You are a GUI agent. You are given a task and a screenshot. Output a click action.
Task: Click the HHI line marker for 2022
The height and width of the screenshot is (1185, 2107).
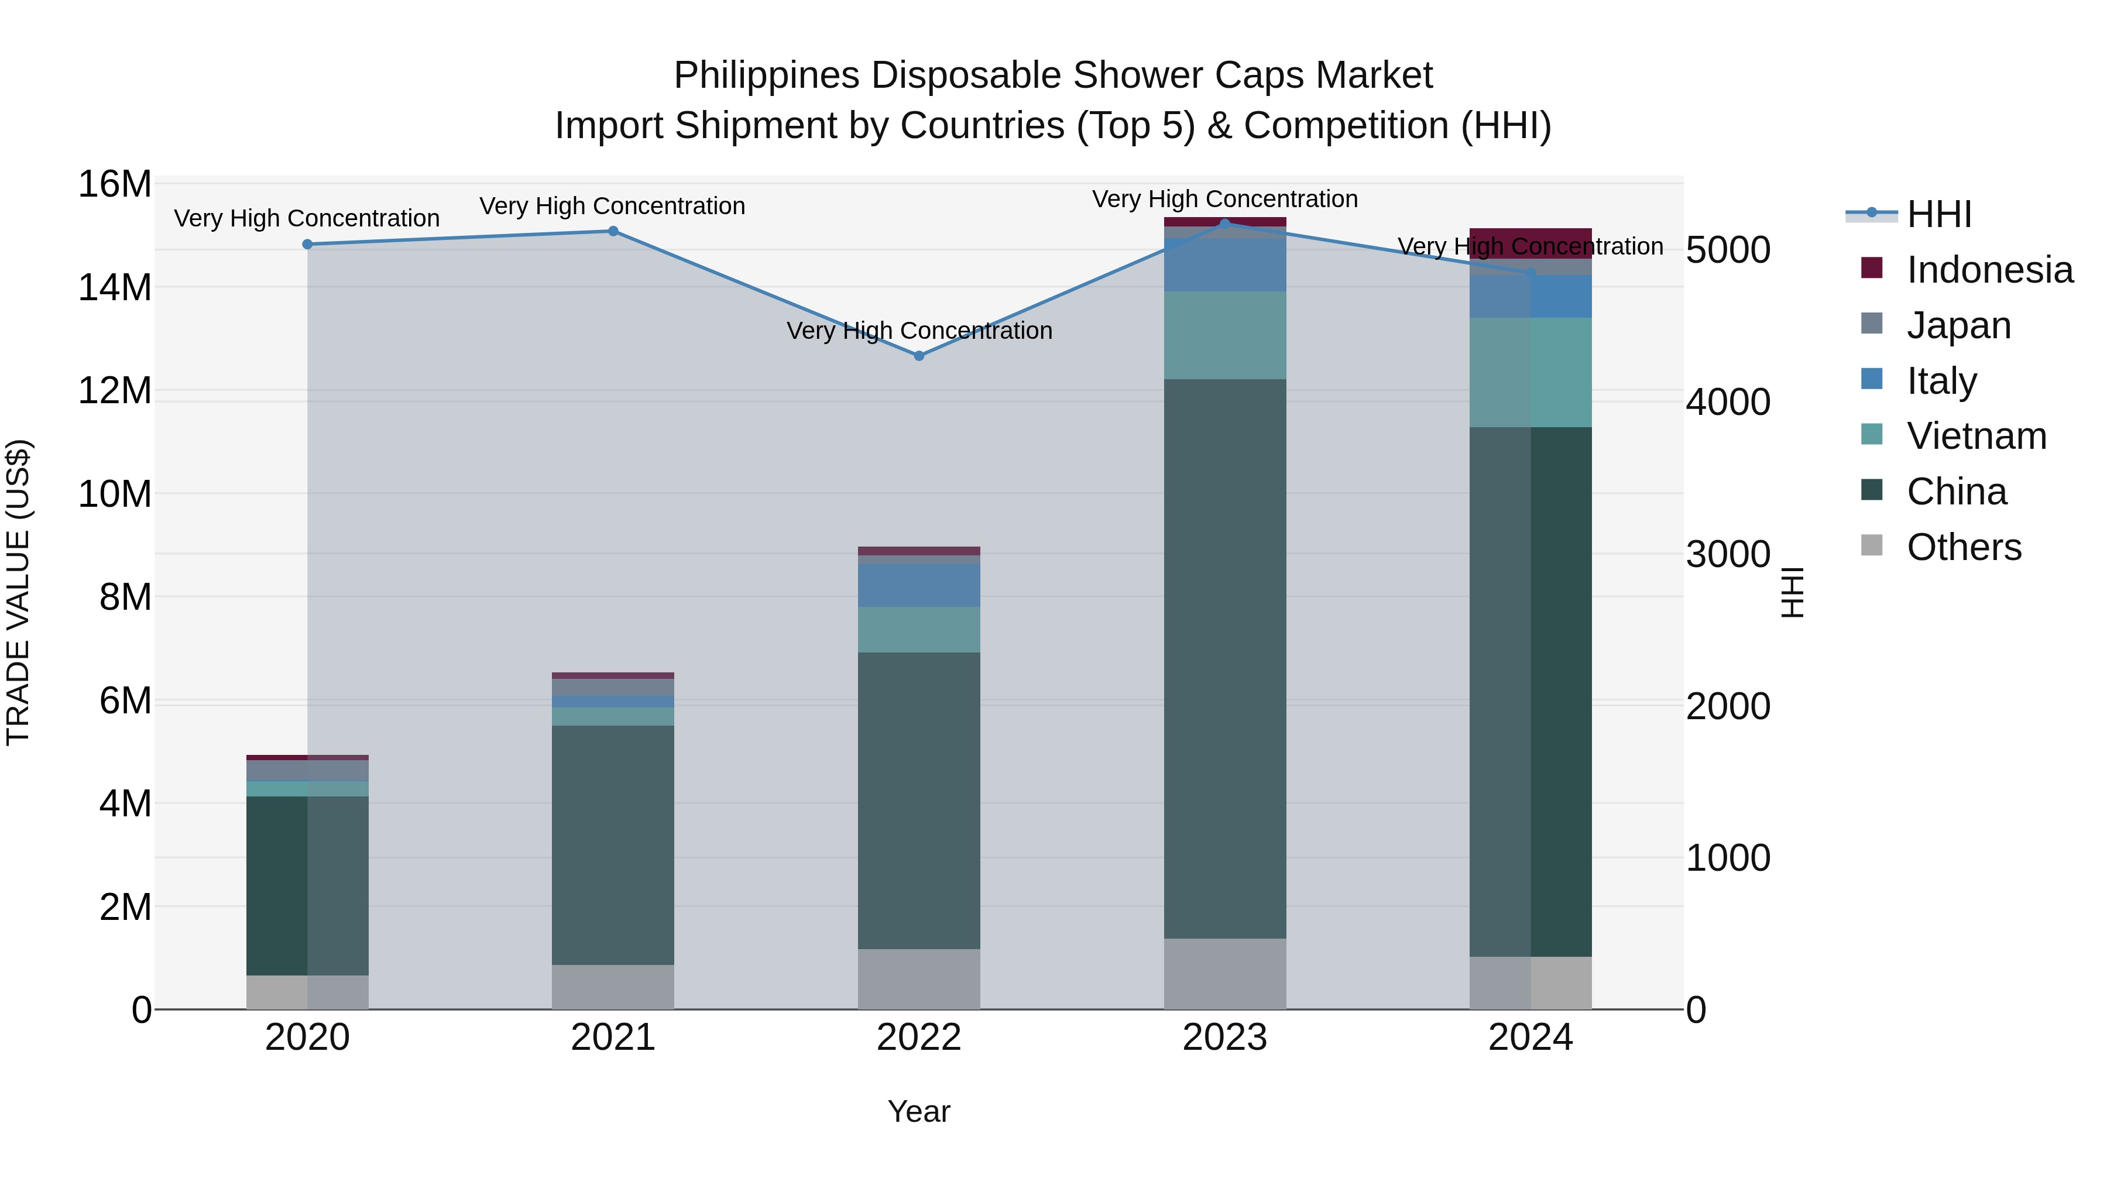pos(918,356)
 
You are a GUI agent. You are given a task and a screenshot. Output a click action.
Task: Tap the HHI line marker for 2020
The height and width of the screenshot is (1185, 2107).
pos(307,245)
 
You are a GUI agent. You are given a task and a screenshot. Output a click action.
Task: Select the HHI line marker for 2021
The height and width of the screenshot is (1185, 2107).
pos(613,231)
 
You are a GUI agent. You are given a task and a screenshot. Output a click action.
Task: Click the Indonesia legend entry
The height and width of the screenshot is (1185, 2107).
pos(1989,270)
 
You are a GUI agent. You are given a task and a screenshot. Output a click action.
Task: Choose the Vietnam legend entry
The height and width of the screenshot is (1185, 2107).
pos(1976,436)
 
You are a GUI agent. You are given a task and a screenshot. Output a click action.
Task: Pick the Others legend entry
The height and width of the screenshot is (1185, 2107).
pos(1963,547)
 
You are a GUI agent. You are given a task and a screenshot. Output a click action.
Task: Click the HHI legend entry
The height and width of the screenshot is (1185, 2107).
pos(1938,214)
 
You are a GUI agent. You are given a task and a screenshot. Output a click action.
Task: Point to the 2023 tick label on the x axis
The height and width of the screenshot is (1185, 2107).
pos(1224,1038)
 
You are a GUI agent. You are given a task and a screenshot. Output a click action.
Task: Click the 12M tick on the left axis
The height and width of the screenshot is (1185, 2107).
pos(115,391)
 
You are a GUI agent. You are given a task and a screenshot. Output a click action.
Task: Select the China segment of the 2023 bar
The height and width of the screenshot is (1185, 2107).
pos(1224,658)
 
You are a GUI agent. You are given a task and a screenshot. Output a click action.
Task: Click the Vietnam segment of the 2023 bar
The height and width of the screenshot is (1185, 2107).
pos(1224,335)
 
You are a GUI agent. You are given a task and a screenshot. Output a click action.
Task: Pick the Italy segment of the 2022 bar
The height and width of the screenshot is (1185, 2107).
pos(918,585)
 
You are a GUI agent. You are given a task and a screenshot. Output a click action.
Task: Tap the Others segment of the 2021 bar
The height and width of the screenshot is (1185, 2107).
pos(613,987)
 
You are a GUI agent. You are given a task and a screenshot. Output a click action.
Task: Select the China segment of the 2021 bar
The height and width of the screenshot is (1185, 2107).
pos(613,845)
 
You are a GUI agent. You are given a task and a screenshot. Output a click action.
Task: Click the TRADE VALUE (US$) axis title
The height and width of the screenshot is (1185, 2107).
pos(18,592)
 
